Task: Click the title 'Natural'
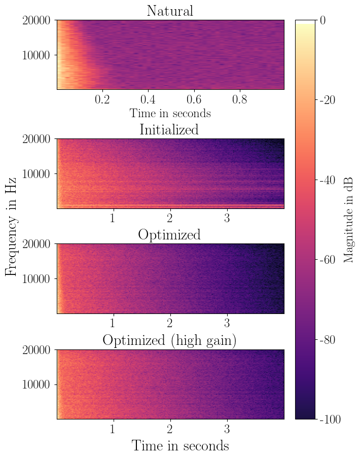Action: (x=170, y=11)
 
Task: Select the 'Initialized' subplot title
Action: (x=169, y=129)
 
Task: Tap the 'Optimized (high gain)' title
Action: (x=169, y=340)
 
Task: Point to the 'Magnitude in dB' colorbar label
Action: (x=348, y=220)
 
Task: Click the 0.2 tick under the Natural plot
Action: (x=102, y=99)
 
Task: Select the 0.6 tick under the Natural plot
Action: (x=194, y=99)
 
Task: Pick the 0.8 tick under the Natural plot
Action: (x=239, y=99)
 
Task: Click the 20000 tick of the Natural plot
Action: (x=37, y=21)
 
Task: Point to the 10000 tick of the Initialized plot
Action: (x=37, y=174)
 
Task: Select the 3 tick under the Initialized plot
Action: (x=227, y=218)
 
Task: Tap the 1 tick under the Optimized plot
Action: (x=113, y=323)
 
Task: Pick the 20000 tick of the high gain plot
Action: (x=37, y=350)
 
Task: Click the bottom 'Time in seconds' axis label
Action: (x=180, y=446)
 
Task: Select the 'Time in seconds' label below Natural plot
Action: (x=170, y=113)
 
